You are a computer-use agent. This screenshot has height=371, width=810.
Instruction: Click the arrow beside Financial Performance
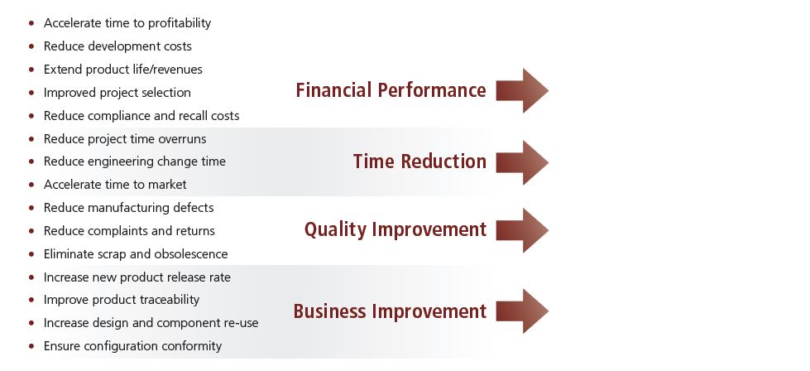[522, 90]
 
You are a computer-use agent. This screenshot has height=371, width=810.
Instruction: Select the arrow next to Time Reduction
[522, 162]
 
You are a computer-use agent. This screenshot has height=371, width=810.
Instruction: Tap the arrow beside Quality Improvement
[522, 230]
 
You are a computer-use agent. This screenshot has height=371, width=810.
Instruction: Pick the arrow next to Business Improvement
[522, 311]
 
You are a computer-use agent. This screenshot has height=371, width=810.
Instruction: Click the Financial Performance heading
[391, 90]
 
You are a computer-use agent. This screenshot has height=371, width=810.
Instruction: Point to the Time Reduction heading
[419, 161]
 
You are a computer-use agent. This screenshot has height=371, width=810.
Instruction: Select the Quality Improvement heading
[395, 230]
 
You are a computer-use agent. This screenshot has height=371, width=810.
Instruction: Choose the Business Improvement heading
[390, 311]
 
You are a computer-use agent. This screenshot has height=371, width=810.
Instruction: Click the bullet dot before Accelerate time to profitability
[32, 23]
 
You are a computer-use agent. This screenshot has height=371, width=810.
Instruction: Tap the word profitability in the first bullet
[180, 23]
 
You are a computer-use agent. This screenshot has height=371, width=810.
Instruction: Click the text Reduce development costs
[117, 46]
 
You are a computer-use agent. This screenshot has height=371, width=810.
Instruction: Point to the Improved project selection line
[117, 93]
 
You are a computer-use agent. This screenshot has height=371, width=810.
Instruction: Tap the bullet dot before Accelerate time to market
[32, 185]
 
